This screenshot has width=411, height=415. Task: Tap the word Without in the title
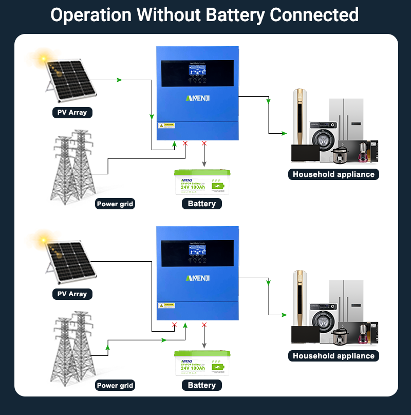pyautogui.click(x=165, y=15)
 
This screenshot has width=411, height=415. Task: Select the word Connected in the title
pyautogui.click(x=314, y=15)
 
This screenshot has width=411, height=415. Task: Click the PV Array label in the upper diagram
pyautogui.click(x=72, y=113)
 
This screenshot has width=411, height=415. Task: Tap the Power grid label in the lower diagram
pyautogui.click(x=115, y=386)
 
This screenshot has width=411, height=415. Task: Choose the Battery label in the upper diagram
pyautogui.click(x=201, y=204)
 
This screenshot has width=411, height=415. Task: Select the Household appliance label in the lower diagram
pyautogui.click(x=333, y=356)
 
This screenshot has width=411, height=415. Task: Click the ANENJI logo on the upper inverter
pyautogui.click(x=197, y=98)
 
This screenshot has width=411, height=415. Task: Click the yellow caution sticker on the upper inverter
pyautogui.click(x=167, y=125)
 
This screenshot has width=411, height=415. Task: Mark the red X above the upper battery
pyautogui.click(x=204, y=143)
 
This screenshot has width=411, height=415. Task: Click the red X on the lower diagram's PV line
pyautogui.click(x=174, y=325)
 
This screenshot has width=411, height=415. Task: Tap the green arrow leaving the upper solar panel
pyautogui.click(x=119, y=80)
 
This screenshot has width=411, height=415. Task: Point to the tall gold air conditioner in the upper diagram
pyautogui.click(x=299, y=116)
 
